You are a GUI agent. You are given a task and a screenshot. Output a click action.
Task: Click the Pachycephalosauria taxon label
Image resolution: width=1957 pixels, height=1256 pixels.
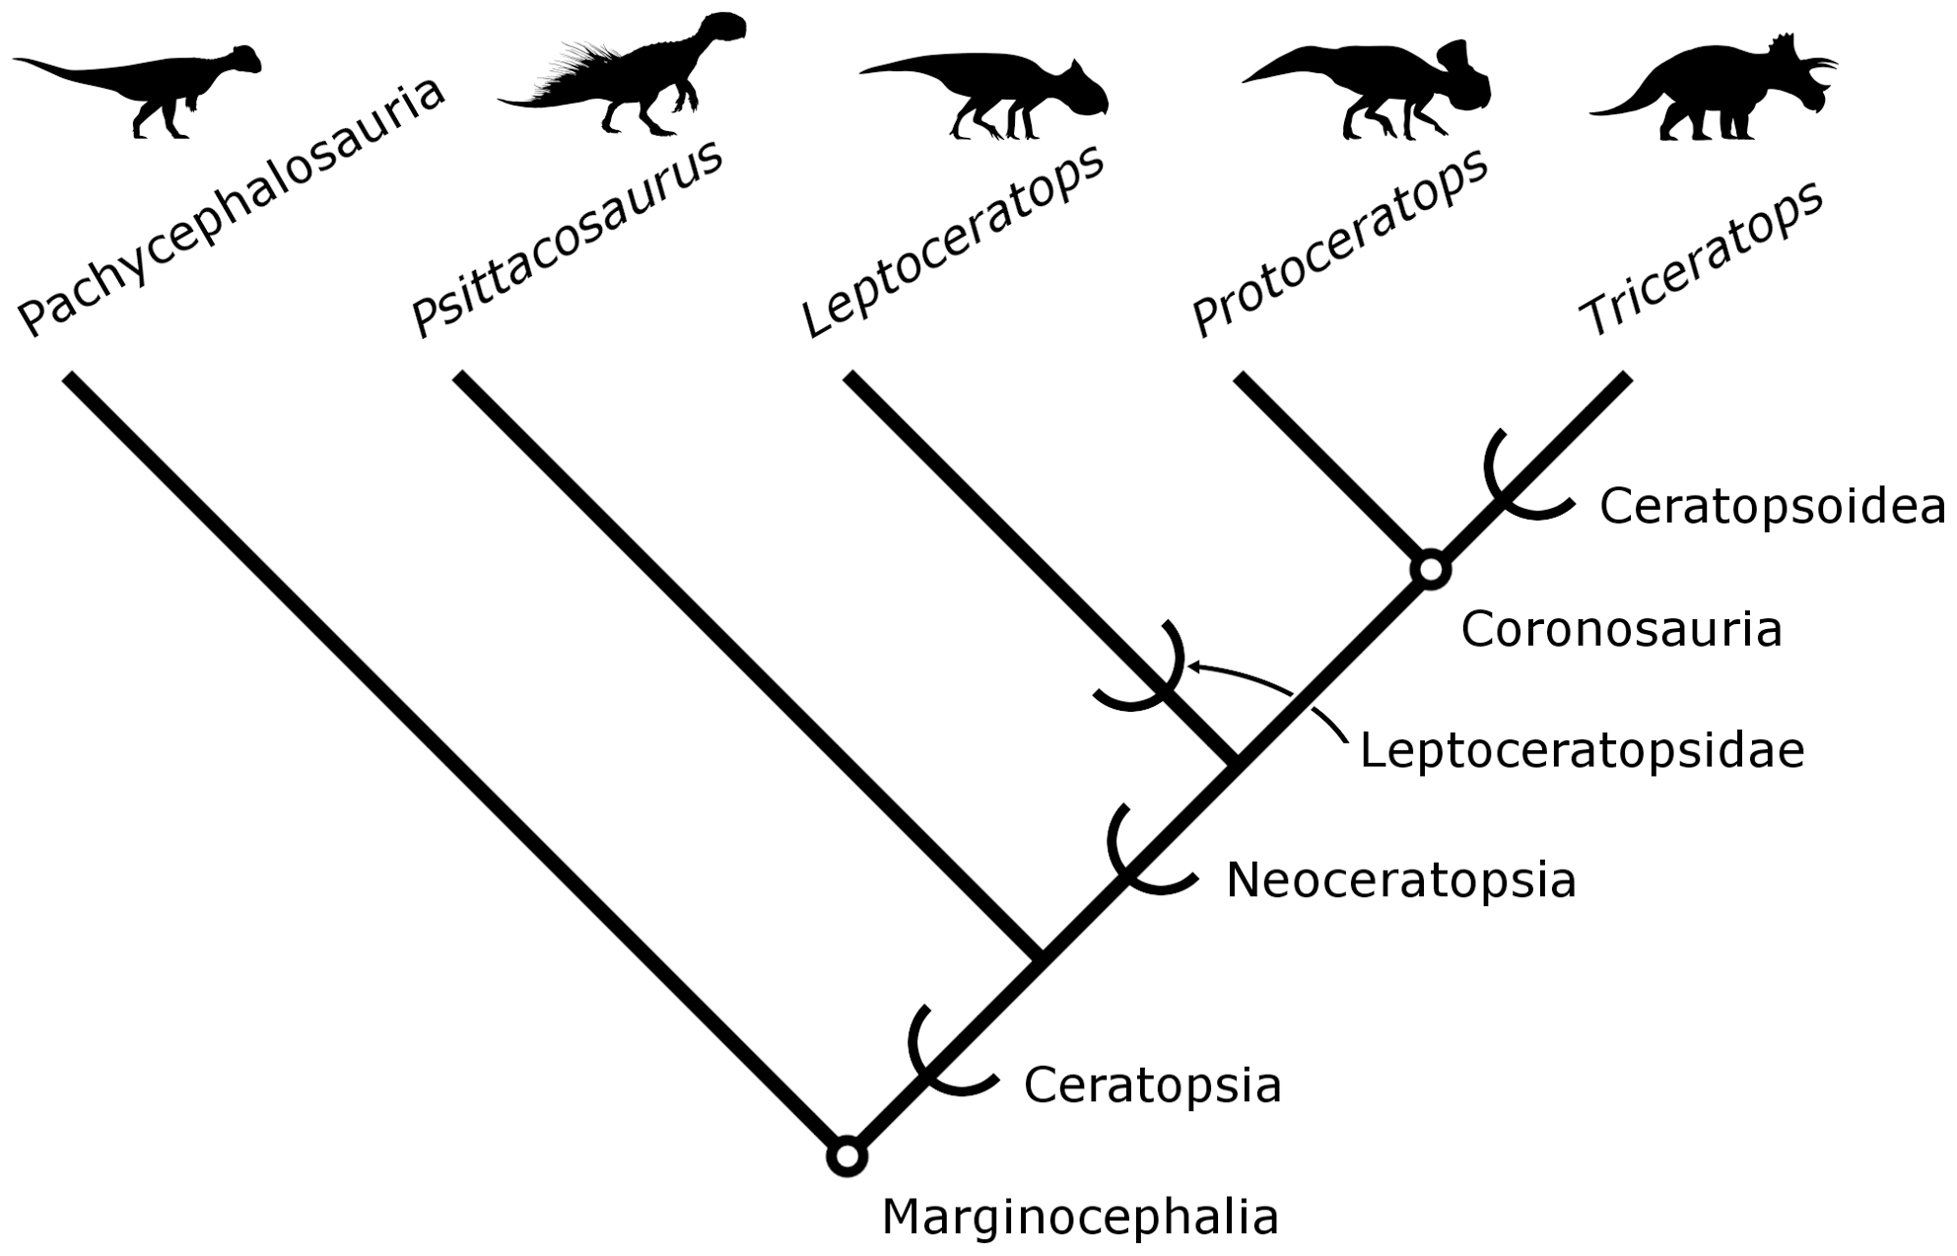(x=233, y=207)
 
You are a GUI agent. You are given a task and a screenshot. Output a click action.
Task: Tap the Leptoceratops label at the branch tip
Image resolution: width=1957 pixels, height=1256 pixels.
(x=953, y=241)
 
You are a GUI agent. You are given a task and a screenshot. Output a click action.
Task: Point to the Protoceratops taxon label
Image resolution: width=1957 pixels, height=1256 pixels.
(x=1340, y=241)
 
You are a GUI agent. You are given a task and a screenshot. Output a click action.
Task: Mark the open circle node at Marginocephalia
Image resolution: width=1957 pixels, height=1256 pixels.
(x=846, y=1156)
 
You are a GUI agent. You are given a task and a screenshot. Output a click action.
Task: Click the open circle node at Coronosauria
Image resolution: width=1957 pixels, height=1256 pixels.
(x=1430, y=569)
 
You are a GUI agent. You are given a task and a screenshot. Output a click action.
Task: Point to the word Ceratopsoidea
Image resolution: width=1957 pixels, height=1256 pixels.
(x=1772, y=507)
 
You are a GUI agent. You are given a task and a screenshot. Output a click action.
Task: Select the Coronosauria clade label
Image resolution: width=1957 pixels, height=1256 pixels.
(x=1621, y=629)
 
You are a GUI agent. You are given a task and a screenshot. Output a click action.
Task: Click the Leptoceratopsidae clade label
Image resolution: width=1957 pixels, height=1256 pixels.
(x=1582, y=750)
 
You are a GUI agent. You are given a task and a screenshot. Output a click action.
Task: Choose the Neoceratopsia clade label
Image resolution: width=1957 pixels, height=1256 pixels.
(x=1400, y=879)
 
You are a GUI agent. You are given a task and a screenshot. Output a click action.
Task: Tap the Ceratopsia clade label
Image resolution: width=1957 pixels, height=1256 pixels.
(x=1152, y=1085)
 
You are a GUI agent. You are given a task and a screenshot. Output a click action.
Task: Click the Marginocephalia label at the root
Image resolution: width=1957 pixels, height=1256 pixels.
(x=1080, y=1217)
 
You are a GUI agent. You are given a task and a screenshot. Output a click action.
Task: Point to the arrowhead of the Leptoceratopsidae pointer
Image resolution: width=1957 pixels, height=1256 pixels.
(x=1192, y=666)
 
